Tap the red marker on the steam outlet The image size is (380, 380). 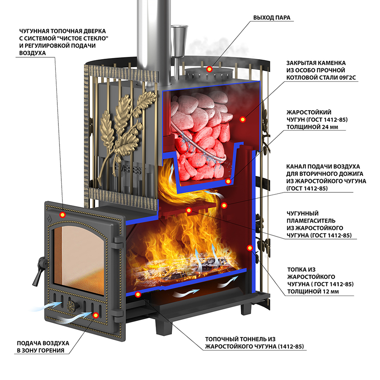[x=209, y=69]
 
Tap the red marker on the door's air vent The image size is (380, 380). [x=95, y=315]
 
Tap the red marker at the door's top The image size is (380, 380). [x=62, y=215]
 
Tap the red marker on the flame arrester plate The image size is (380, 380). [x=188, y=210]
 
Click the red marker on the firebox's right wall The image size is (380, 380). [x=250, y=248]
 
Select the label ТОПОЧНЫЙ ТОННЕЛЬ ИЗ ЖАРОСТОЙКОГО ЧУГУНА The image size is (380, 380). [x=255, y=342]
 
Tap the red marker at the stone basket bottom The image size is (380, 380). [x=228, y=181]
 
